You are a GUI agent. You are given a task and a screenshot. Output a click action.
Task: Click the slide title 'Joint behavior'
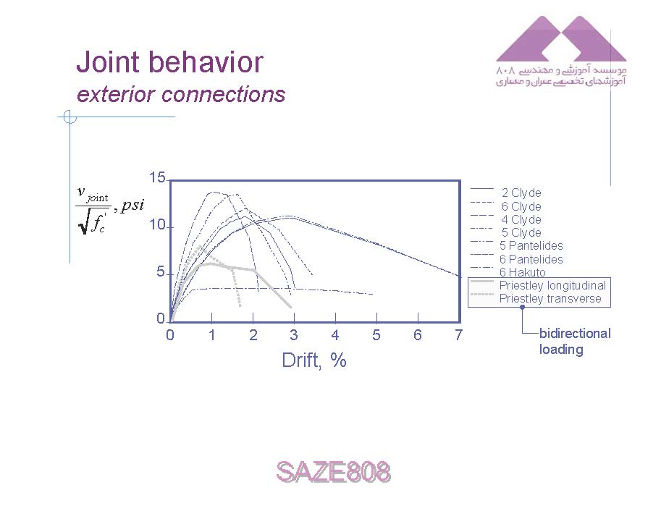pos(169,62)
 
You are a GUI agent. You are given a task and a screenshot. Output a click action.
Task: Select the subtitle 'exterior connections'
pos(181,94)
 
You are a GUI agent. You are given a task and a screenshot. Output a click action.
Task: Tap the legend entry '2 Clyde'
pos(521,193)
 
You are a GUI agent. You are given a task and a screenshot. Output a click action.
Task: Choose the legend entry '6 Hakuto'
pos(523,272)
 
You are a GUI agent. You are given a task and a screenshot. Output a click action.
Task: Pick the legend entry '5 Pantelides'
pos(531,245)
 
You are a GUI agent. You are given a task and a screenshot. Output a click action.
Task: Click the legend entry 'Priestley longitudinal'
pos(552,285)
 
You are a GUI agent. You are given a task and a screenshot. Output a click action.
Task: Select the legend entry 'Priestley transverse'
pos(550,298)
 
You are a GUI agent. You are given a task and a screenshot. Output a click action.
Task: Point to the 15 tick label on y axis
pos(157,177)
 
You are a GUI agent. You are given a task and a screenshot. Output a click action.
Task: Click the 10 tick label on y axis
pos(157,225)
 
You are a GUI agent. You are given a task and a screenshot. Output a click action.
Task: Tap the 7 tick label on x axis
pos(459,335)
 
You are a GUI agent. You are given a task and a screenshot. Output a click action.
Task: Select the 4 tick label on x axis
pos(335,335)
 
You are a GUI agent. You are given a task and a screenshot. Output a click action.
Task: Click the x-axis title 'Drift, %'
pos(314,360)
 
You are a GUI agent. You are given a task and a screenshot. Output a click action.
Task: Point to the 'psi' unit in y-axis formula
pos(132,206)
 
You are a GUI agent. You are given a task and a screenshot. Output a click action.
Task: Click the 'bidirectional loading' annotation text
pos(575,341)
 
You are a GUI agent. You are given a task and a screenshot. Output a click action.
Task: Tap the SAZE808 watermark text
pos(334,471)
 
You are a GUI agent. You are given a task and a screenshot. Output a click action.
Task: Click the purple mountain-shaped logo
pos(561,39)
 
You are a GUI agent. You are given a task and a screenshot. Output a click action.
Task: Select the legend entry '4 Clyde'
pos(521,219)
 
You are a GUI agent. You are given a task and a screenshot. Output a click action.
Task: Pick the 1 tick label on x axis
pos(211,335)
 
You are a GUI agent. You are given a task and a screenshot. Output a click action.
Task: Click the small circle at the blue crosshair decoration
pos(70,117)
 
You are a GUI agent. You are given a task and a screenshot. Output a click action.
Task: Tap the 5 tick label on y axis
pos(161,272)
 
